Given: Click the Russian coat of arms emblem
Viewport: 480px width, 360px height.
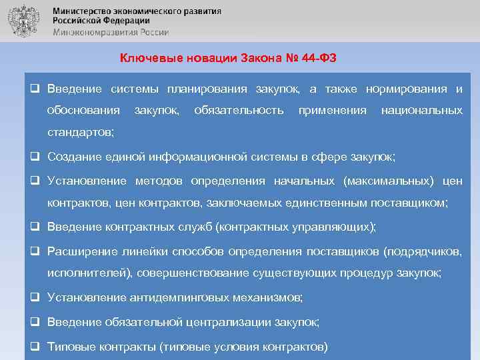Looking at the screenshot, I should (x=23, y=21).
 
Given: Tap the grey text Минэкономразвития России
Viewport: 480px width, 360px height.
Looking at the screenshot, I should (x=111, y=31).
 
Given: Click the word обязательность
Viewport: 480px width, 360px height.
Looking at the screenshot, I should (x=238, y=109).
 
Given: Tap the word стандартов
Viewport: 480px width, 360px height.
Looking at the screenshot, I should (x=80, y=133).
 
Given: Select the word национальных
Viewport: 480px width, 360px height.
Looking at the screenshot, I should (x=421, y=109).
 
